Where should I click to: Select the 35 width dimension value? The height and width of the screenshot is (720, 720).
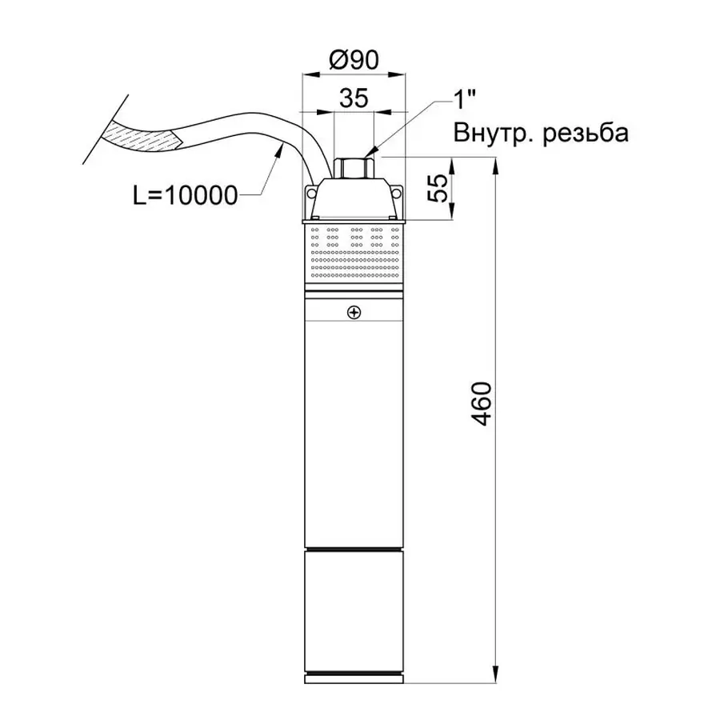(353, 98)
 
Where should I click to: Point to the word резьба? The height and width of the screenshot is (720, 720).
(586, 133)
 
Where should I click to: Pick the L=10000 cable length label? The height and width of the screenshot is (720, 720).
(185, 194)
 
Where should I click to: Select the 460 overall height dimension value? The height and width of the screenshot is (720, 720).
(479, 404)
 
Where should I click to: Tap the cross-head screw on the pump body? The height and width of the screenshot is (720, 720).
(354, 313)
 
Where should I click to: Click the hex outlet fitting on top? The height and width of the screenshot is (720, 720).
(354, 169)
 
